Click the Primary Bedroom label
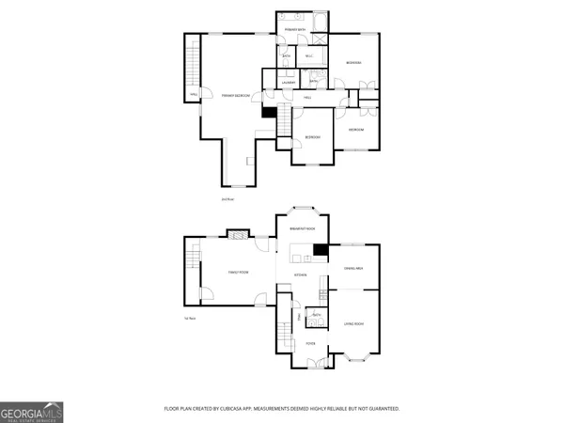click(235, 96)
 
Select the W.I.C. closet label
click(311, 56)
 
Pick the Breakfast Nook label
click(302, 229)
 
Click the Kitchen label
click(301, 274)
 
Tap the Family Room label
click(238, 273)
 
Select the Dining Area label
click(353, 270)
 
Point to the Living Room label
click(353, 324)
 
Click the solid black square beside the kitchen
click(320, 250)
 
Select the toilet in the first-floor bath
click(309, 322)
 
